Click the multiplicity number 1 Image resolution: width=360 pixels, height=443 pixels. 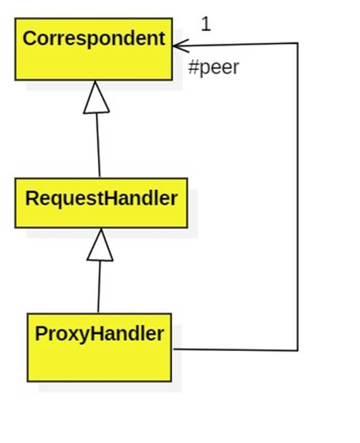coord(206,24)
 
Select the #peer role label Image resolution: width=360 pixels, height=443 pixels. coord(214,68)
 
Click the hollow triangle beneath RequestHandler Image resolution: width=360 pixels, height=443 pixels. coord(100,245)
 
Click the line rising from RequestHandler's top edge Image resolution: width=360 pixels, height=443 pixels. coord(98,145)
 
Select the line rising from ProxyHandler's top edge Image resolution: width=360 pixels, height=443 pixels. coord(99,287)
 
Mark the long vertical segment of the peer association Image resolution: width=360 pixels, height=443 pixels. coord(297,196)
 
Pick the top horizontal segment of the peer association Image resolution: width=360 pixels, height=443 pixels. coord(240,44)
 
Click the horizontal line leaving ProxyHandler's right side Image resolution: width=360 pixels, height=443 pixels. coord(233,349)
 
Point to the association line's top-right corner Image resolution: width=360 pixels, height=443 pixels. coord(297,43)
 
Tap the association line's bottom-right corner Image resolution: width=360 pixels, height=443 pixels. coord(297,350)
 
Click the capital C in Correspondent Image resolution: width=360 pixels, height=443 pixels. coord(30,38)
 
